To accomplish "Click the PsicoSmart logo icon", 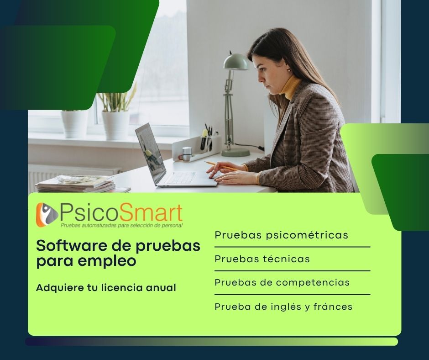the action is (47, 215).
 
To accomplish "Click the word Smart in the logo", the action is (151, 213).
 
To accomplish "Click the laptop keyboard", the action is (181, 178).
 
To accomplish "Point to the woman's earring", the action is (288, 70).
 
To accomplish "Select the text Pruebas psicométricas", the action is (281, 235).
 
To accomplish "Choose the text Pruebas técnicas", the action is (262, 259).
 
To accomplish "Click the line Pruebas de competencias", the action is (282, 282).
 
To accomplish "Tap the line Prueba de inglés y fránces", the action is (283, 307).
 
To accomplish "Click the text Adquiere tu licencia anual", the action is (106, 288).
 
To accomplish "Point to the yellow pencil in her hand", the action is (222, 167).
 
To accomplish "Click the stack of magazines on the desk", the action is (76, 183).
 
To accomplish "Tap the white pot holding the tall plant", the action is (116, 125).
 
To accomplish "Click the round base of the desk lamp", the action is (235, 152).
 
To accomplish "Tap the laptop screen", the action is (151, 153).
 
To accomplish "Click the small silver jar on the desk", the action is (187, 154).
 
